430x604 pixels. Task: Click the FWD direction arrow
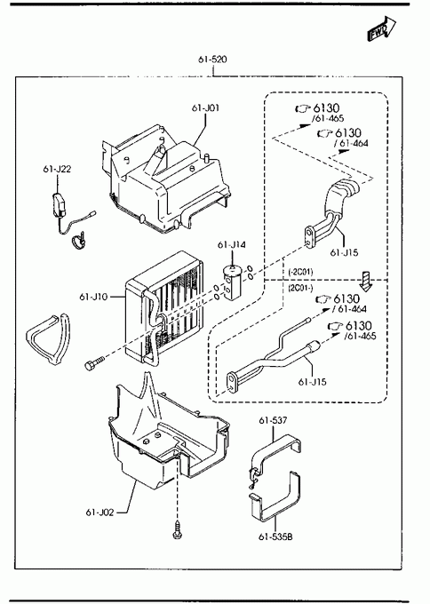[381, 28]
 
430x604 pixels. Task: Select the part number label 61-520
[212, 60]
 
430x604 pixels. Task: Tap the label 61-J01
[206, 107]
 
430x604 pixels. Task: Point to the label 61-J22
[57, 169]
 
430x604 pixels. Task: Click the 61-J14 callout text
[232, 244]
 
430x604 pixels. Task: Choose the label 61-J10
[93, 297]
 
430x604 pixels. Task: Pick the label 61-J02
[100, 513]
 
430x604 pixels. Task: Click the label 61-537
[273, 420]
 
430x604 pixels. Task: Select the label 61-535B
[275, 536]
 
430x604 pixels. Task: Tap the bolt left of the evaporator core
[93, 363]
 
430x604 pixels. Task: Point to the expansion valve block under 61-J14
[231, 282]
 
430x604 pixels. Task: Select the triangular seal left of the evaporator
[48, 338]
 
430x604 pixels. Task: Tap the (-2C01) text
[300, 272]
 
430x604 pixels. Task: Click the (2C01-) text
[300, 288]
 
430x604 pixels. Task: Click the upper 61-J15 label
[344, 252]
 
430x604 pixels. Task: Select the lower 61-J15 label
[312, 382]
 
